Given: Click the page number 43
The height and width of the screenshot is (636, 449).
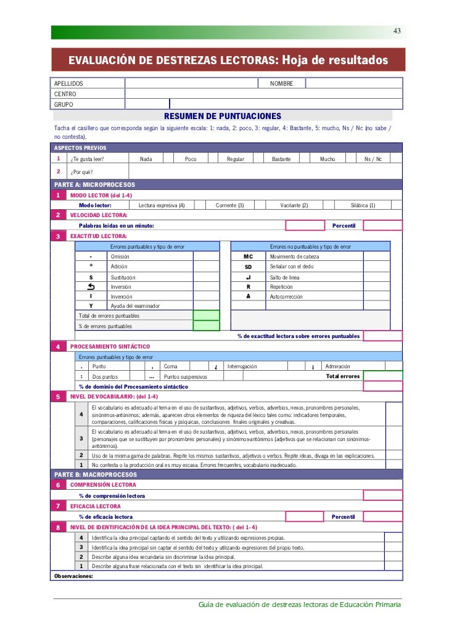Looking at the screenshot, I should (397, 31).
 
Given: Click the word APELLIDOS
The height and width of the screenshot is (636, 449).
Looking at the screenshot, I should (68, 83).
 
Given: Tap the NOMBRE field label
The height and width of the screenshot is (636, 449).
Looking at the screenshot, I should (281, 83).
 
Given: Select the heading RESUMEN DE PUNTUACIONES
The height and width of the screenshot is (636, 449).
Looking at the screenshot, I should (222, 116).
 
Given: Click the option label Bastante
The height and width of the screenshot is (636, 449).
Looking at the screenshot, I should (281, 159).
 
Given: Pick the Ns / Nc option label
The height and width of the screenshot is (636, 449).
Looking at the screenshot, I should (373, 159).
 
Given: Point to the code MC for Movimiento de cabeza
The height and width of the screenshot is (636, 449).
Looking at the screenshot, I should (248, 256).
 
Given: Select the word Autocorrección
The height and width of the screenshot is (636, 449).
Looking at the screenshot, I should (288, 296).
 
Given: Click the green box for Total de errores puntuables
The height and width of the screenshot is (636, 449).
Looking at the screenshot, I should (206, 316).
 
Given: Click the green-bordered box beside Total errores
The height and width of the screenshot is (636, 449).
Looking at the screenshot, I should (382, 376).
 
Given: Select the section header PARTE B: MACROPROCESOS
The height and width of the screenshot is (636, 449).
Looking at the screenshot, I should (96, 475).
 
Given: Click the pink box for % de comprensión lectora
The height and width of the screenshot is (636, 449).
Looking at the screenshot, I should (382, 495).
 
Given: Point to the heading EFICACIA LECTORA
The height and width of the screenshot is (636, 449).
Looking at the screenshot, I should (96, 506).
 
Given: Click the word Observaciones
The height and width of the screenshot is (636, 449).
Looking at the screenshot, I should (73, 576).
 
